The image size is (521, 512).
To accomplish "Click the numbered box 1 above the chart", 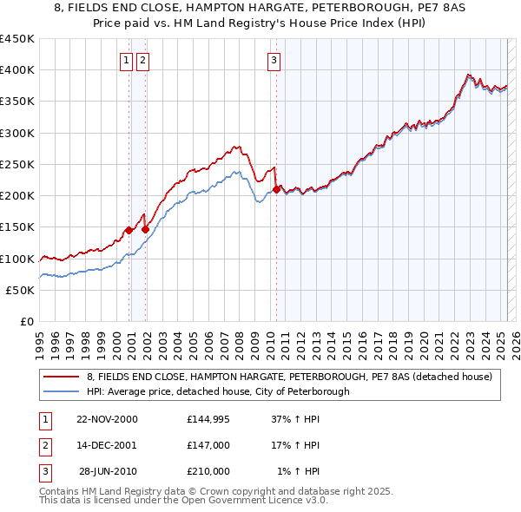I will (x=127, y=60).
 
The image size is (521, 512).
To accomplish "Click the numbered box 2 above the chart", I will (x=142, y=60).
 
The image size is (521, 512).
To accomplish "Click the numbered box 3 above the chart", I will (x=274, y=60).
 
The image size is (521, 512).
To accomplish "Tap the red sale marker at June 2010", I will (x=276, y=189).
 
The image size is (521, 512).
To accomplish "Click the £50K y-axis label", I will (x=21, y=290).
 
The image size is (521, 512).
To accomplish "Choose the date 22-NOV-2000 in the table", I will (x=107, y=419).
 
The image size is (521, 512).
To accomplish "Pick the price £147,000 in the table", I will (x=208, y=445).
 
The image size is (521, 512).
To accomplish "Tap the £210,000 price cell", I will (x=208, y=471).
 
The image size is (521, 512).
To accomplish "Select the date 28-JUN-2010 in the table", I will (x=108, y=471).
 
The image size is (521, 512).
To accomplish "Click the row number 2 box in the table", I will (x=43, y=445).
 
